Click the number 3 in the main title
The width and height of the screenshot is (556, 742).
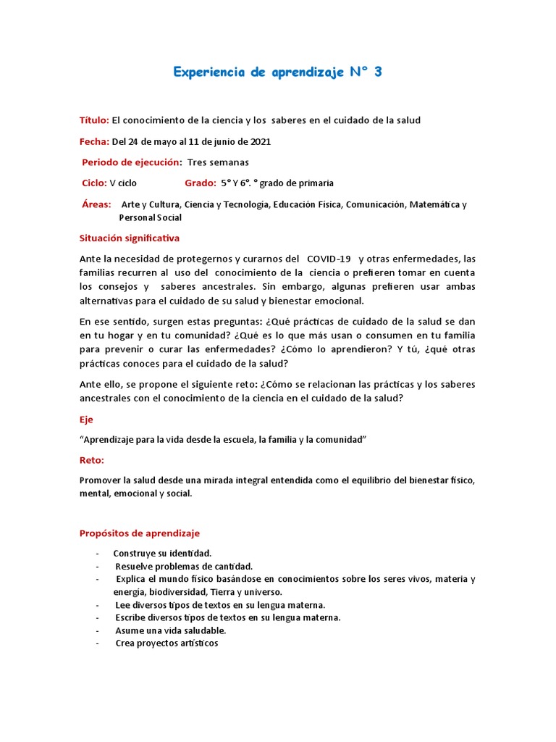point(377,72)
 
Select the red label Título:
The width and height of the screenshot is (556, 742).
point(94,120)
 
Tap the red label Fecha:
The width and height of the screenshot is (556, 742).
point(94,141)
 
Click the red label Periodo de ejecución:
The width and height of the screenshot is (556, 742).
point(132,162)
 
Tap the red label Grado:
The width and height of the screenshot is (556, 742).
point(201,183)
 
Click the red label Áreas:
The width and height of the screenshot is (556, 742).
point(96,204)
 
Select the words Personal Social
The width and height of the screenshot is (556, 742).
point(150,217)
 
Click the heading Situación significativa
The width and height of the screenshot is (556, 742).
point(129,238)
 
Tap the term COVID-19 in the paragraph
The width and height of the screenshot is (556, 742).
point(329,259)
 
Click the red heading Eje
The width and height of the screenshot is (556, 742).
point(86,420)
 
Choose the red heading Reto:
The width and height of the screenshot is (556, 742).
point(91,460)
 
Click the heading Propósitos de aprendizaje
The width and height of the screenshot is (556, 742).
point(139,533)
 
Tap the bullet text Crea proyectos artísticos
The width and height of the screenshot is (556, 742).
point(167,643)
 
